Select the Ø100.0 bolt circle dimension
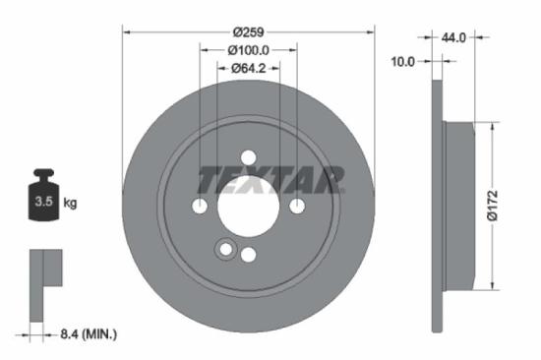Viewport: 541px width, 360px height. pos(249,50)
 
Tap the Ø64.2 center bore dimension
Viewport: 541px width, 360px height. pos(249,69)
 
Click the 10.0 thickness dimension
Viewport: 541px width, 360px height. pos(403,61)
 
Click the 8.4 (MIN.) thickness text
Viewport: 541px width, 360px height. pos(84,334)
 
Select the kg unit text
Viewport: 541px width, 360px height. pos(70,204)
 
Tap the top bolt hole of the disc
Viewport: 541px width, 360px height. pos(248,157)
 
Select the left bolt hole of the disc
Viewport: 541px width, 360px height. pos(200,206)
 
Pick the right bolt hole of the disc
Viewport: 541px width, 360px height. pos(296,206)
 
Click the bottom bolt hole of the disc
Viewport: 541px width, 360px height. pos(248,254)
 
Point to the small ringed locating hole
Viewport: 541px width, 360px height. pos(227,250)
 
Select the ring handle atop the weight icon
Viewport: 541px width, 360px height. pos(43,177)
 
